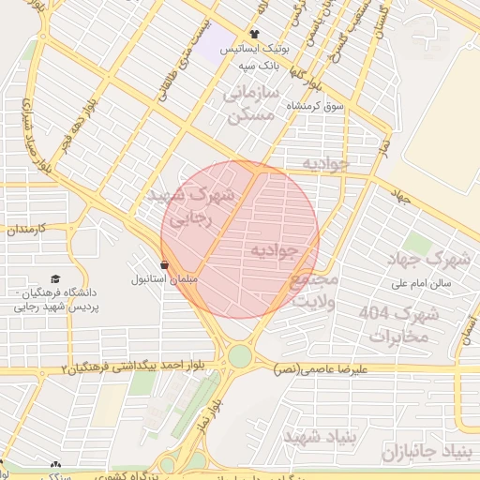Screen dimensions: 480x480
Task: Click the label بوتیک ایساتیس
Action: click(255, 49)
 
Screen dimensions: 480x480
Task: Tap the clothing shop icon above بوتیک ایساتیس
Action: click(254, 35)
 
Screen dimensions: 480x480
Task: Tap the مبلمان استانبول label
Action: click(164, 279)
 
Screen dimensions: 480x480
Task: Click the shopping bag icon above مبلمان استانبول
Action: click(165, 265)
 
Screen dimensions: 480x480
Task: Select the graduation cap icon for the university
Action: click(56, 279)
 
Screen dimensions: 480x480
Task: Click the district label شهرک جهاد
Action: click(432, 258)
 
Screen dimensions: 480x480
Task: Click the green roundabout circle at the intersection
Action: click(240, 356)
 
